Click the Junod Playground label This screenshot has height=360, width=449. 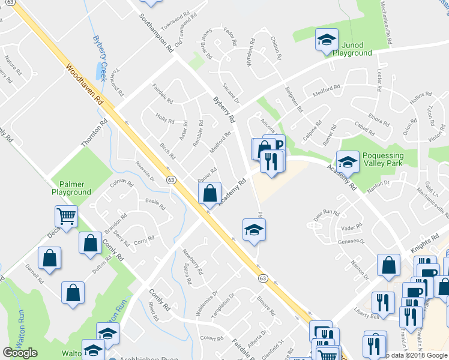click(x=348, y=49)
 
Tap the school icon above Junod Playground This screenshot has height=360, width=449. click(x=327, y=40)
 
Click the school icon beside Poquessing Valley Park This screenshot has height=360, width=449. click(x=348, y=162)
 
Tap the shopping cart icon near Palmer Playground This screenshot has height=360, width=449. click(x=67, y=216)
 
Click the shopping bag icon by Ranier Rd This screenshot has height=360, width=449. click(x=209, y=194)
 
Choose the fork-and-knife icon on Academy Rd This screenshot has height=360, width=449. click(x=271, y=161)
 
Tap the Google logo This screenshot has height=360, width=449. click(x=20, y=353)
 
